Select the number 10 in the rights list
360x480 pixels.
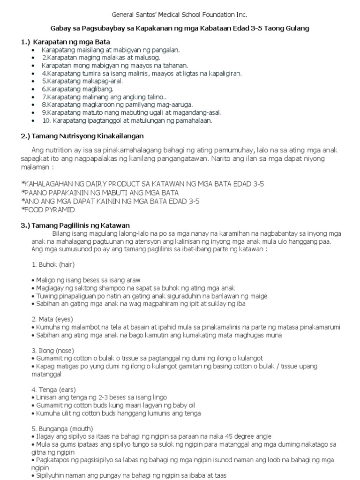pos(46,120)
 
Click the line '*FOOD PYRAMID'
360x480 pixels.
pos(49,210)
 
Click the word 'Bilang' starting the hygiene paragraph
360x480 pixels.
pos(61,233)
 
